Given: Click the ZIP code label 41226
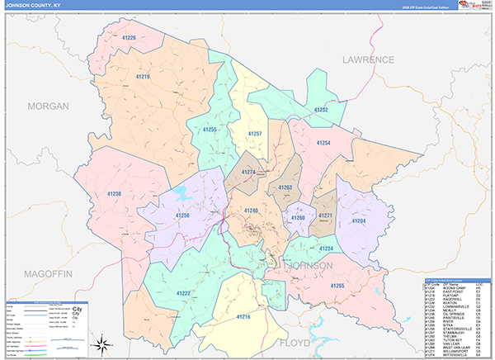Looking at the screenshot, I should pos(128,38).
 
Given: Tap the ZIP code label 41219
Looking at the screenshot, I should pos(142,77).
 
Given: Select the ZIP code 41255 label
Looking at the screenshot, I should pos(210,130).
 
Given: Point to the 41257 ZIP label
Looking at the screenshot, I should pos(255,133).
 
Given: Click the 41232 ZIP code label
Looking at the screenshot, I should pos(321,110).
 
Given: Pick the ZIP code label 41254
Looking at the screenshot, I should pos(323,143).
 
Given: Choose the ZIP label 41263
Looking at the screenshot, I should pos(285,187).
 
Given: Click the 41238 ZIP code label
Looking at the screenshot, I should pos(114,193).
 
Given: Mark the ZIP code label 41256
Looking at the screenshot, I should pos(182,216).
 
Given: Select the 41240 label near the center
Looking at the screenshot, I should pos(251,211).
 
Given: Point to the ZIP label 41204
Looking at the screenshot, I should pos(358,221).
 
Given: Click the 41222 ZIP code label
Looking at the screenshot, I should pos(182,293).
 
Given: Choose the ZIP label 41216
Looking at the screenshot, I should pos(243,316).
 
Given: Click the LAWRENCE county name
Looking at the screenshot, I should pos(369,60).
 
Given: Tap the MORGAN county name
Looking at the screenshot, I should pos(45,107).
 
